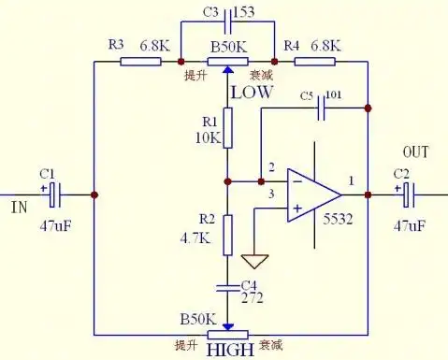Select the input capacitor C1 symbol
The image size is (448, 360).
tap(54, 194)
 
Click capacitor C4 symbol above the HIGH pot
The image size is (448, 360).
tap(227, 284)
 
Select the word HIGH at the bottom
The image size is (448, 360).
tap(229, 351)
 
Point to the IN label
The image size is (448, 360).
tap(19, 205)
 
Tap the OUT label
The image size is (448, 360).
tap(415, 151)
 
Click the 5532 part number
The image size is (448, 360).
tap(340, 220)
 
